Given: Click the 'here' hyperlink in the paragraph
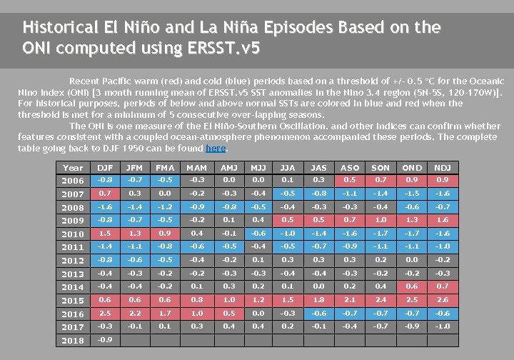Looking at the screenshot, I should coord(216,148).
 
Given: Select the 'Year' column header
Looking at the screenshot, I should coord(73,168).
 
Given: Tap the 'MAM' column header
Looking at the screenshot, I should coord(197,168).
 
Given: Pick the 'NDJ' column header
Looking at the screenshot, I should coord(443,168).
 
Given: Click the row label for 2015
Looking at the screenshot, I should coord(73,301).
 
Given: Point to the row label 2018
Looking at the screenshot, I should coord(73,341).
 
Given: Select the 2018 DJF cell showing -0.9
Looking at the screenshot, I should coord(106,340).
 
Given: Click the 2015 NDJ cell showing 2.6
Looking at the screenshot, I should coord(443,300).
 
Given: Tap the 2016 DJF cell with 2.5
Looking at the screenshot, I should coord(106,314).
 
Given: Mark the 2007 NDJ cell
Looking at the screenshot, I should coord(443,194).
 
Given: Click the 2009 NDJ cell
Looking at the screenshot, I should coord(443,220).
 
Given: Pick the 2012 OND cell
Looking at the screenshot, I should coord(412,260).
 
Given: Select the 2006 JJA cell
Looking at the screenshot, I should coord(288,180).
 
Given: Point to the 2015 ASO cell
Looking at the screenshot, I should coord(350,300).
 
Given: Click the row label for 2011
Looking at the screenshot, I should coord(73,247).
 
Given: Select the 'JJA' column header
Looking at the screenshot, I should coord(288,168).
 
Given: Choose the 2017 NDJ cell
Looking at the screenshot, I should coord(443,326).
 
